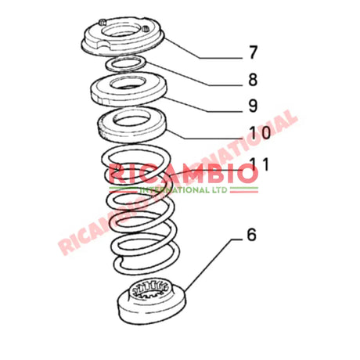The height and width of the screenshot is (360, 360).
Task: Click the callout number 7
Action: tap(253, 53)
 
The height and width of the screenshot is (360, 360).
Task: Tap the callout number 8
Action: tap(253, 78)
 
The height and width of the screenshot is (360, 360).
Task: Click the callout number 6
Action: tap(250, 234)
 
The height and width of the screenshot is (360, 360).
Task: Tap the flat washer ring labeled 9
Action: tap(97, 92)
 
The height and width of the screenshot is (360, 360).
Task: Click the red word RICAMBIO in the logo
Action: tap(183, 174)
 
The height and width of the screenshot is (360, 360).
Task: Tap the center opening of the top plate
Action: tap(126, 32)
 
